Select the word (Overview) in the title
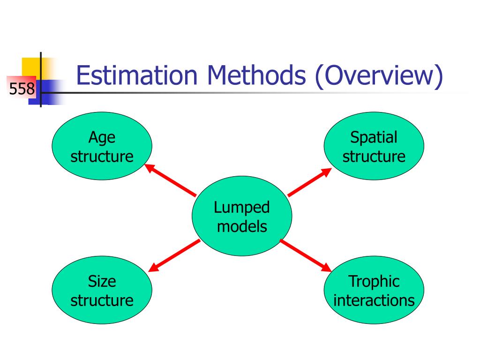pyautogui.click(x=378, y=77)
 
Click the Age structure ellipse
pyautogui.click(x=102, y=146)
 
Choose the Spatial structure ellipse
pyautogui.click(x=374, y=146)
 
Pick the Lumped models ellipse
pyautogui.click(x=242, y=217)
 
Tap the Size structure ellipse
pyautogui.click(x=102, y=291)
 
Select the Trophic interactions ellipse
pyautogui.click(x=374, y=291)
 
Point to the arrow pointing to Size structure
pyautogui.click(x=174, y=255)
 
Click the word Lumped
pyautogui.click(x=242, y=208)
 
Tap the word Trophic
pyautogui.click(x=374, y=281)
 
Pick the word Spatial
pyautogui.click(x=374, y=137)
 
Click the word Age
pyautogui.click(x=102, y=138)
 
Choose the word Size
pyautogui.click(x=102, y=281)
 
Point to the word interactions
pyautogui.click(x=374, y=300)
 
